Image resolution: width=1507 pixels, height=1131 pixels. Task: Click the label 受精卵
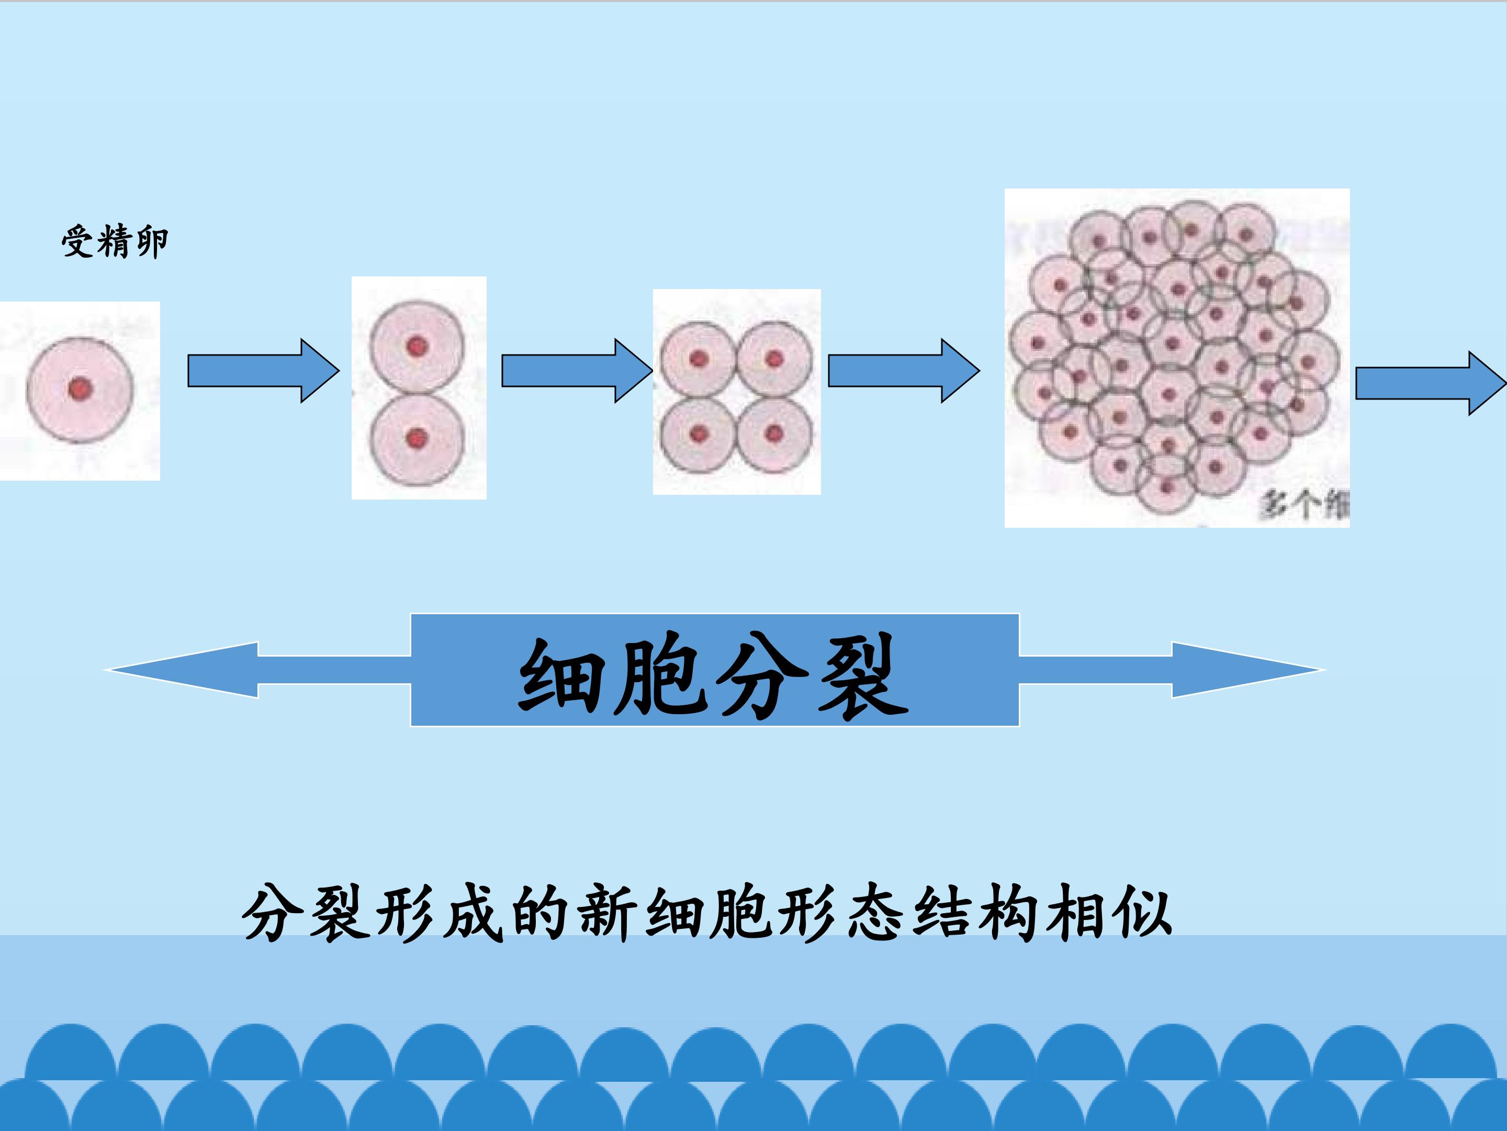[x=115, y=241]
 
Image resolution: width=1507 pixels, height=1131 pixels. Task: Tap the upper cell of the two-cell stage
[x=417, y=346]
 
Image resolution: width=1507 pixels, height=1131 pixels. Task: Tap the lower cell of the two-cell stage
[x=417, y=438]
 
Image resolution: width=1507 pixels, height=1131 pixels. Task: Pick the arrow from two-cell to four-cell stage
[x=576, y=371]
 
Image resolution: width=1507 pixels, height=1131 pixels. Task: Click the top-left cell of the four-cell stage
[x=698, y=359]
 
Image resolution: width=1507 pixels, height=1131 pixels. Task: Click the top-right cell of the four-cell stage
[x=774, y=359]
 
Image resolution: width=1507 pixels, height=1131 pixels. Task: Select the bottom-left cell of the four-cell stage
[x=698, y=434]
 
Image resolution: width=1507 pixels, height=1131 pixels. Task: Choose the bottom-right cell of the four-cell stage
[x=774, y=434]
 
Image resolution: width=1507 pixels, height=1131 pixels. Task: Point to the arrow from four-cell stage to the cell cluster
[x=903, y=371]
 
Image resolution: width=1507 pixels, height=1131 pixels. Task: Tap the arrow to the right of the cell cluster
[x=1430, y=383]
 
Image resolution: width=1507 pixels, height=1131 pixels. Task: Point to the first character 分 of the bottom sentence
[x=271, y=912]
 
